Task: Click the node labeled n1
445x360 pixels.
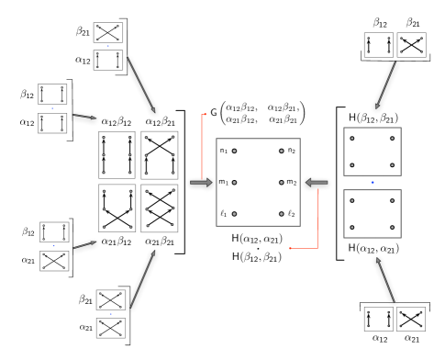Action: pyautogui.click(x=234, y=151)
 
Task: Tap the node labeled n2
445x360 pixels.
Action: pyautogui.click(x=282, y=151)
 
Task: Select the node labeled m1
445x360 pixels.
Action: pyautogui.click(x=234, y=183)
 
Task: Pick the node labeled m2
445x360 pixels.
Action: pyautogui.click(x=282, y=183)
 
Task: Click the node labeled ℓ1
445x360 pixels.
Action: pyautogui.click(x=234, y=214)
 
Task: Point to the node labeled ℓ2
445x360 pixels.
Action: pyautogui.click(x=282, y=214)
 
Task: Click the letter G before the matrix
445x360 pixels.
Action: pyautogui.click(x=214, y=112)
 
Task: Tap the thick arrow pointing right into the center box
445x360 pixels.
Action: pyautogui.click(x=201, y=183)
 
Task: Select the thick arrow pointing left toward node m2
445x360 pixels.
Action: pyautogui.click(x=317, y=183)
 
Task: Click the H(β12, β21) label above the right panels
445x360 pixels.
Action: pyautogui.click(x=373, y=118)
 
